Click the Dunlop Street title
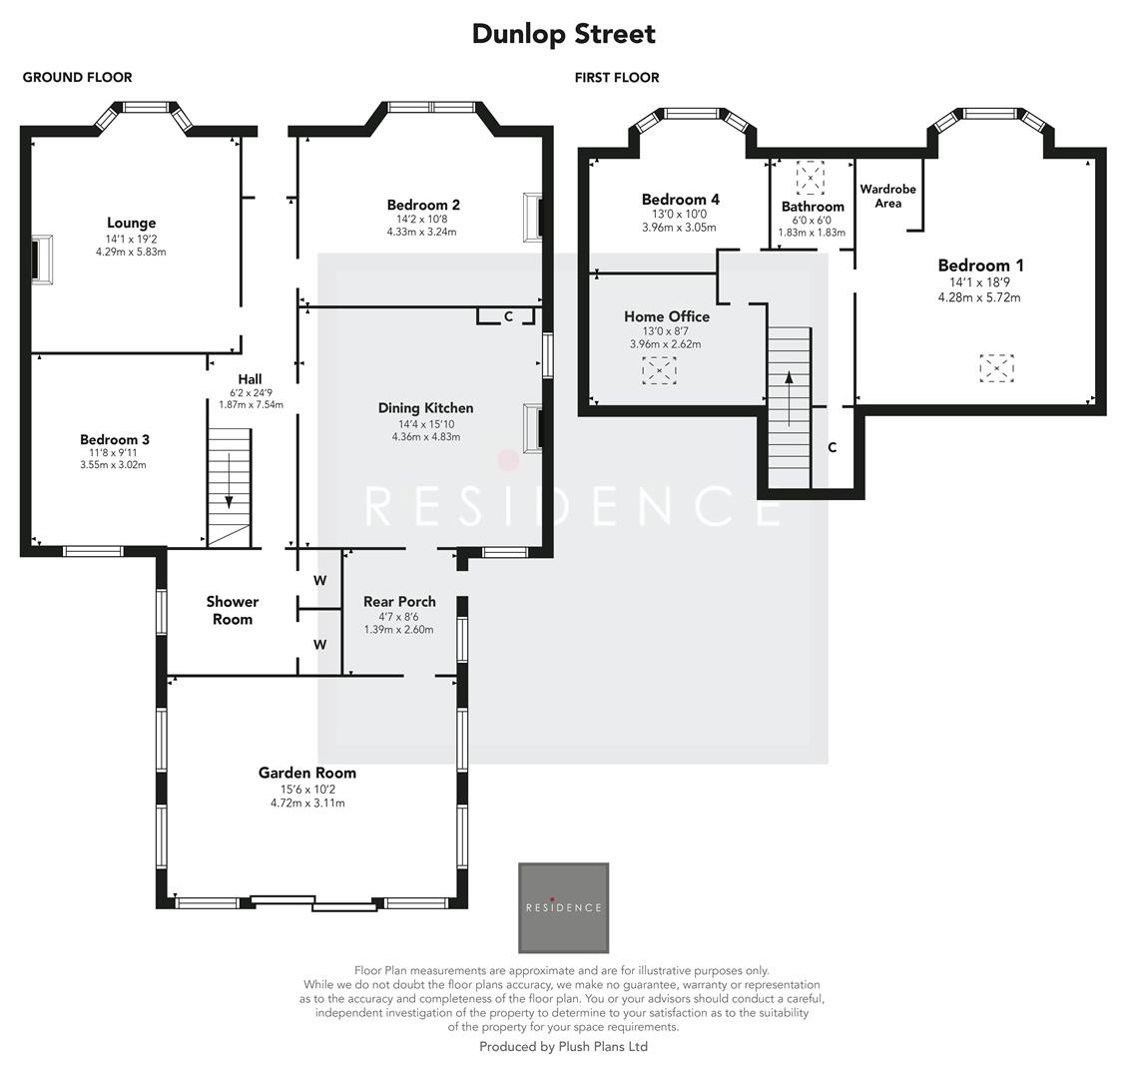tap(564, 34)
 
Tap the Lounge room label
tap(132, 224)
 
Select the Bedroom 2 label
tap(423, 205)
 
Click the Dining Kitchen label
tap(426, 408)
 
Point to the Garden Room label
tap(307, 773)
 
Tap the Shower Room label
tap(233, 610)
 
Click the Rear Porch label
tap(399, 602)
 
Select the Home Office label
tap(667, 316)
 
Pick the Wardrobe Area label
tap(888, 196)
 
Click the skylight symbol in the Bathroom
tap(810, 178)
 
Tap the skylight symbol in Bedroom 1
tap(997, 368)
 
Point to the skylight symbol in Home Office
tap(659, 370)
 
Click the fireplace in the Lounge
tap(40, 260)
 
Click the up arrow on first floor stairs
tap(789, 399)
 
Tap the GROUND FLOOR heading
tap(77, 77)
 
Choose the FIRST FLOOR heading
tap(617, 77)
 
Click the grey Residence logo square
tap(564, 907)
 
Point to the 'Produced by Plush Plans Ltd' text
tap(563, 1046)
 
